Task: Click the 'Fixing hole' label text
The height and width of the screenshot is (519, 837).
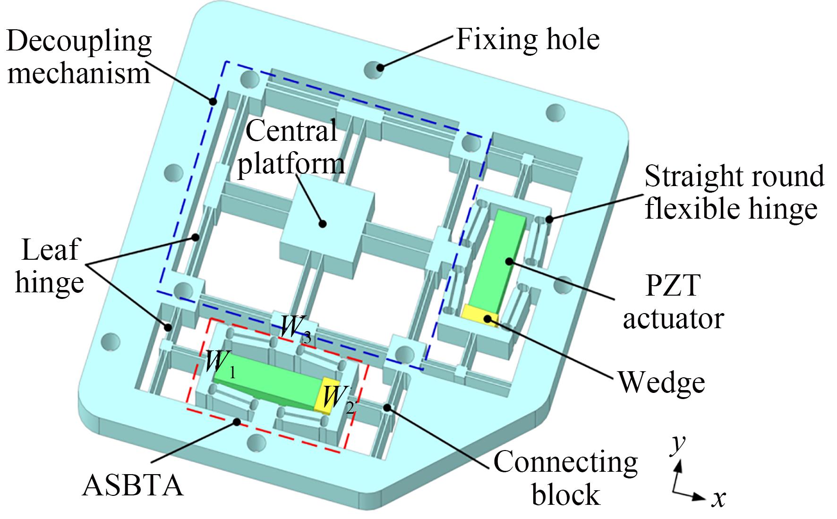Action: [527, 40]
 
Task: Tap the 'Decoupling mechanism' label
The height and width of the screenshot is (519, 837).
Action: [79, 57]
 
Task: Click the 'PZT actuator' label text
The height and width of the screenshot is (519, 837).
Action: [673, 302]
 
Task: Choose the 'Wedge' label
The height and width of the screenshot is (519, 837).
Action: [662, 382]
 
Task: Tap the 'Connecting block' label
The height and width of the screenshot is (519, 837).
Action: [565, 477]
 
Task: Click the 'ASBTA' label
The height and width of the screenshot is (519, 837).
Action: [133, 485]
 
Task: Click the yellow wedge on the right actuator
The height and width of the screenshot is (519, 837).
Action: [480, 314]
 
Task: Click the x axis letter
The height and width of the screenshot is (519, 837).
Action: [718, 498]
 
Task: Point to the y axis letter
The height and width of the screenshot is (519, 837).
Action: [679, 444]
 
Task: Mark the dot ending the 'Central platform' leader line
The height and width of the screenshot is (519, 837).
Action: [323, 224]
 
